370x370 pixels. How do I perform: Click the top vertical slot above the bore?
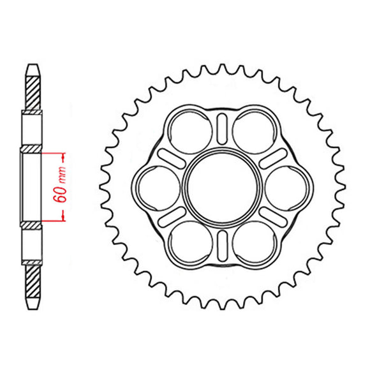point(222,129)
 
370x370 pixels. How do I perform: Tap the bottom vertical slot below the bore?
point(222,246)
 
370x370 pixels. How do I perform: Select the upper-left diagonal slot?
point(172,159)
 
